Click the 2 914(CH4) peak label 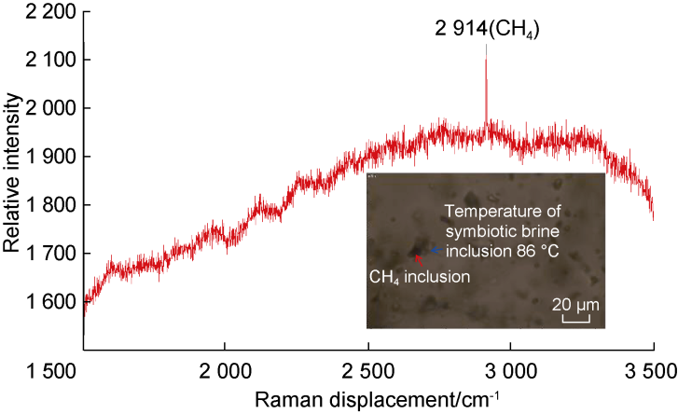[486, 30]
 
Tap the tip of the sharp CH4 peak [486, 60]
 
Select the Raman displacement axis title [369, 399]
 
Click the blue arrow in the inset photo [435, 250]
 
